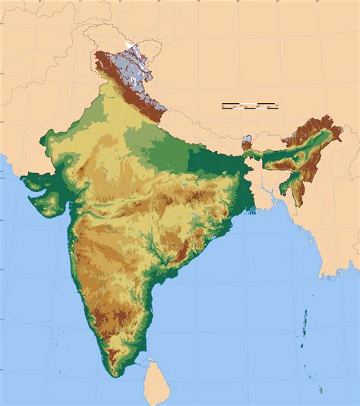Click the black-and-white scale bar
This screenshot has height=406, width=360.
point(250,105)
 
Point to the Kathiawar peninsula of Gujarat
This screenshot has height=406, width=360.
point(46,196)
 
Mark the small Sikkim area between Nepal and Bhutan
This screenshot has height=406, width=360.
point(245,142)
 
